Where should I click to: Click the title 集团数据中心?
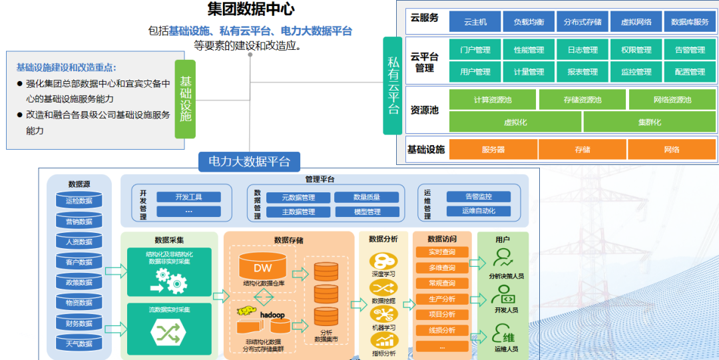coord(251,9)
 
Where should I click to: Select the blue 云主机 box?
coord(475,22)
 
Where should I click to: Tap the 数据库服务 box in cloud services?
coord(690,22)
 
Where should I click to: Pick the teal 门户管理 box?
coord(475,50)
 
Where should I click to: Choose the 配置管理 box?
coord(690,72)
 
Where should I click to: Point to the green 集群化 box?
coord(649,122)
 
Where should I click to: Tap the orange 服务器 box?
coord(493,150)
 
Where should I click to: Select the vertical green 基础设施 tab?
coord(185,98)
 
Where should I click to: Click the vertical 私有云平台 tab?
coord(393,85)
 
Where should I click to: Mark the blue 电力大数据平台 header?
coord(249,161)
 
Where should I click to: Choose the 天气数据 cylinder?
coord(79,343)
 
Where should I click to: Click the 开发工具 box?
coord(188,197)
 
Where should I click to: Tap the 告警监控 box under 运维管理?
coord(478,197)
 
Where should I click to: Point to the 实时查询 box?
coord(441,253)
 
